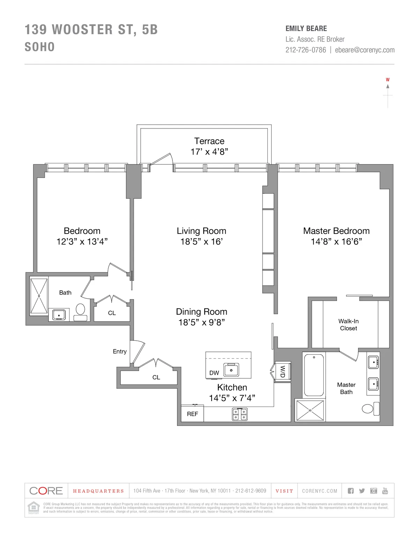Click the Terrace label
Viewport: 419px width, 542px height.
coord(209,141)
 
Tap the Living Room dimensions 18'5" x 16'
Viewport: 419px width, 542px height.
coord(201,242)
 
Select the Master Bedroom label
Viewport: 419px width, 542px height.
coord(336,231)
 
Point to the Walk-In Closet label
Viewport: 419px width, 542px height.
coord(348,325)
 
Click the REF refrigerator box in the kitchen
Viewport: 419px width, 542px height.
coord(192,414)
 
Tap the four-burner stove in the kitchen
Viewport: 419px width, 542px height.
coord(240,414)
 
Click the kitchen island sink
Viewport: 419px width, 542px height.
coord(231,370)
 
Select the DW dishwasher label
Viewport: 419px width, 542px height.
coord(214,373)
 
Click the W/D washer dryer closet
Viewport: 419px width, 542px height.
coord(282,371)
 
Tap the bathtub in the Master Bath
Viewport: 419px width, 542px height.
coord(314,375)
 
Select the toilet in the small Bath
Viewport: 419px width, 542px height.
coord(81,312)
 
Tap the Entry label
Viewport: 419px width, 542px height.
coord(119,351)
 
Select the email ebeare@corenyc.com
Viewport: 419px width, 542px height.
coord(365,50)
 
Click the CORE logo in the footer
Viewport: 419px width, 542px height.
coord(46,491)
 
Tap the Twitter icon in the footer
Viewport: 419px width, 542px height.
coord(362,491)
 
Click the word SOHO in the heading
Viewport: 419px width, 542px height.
coord(40,47)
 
